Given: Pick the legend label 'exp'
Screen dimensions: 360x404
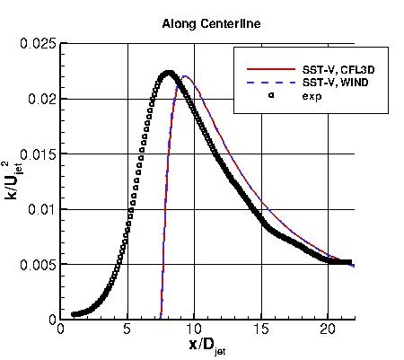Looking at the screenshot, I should [x=312, y=97].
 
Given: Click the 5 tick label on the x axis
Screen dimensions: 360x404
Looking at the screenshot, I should [x=127, y=329].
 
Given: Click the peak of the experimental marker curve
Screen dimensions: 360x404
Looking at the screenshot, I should [x=168, y=73].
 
